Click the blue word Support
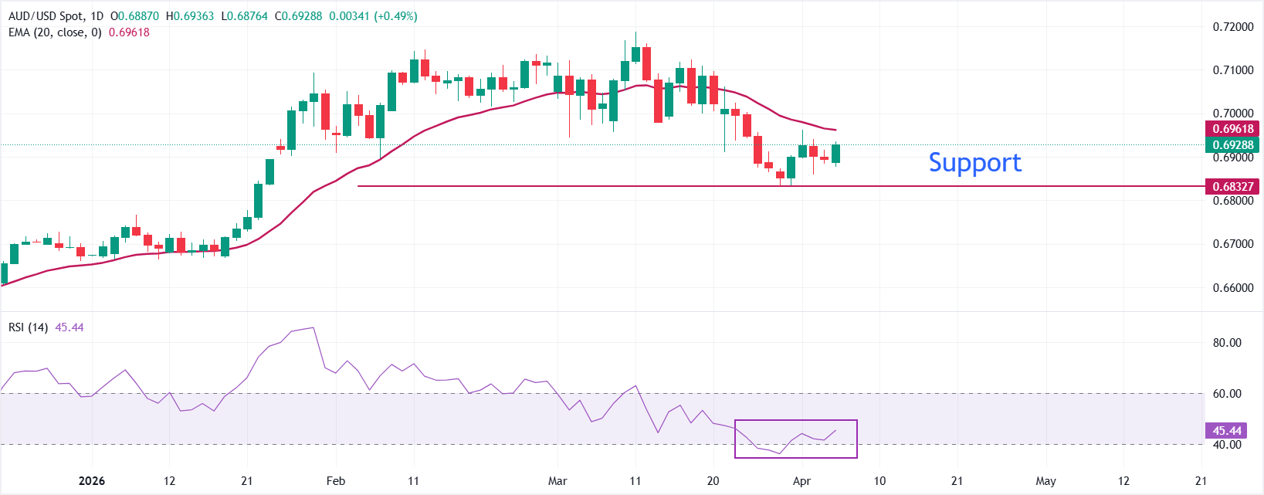974,163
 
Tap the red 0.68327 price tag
1232,186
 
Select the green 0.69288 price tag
1232,144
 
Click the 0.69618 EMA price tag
1232,129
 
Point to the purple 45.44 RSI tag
1227,431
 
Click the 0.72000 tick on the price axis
1233,27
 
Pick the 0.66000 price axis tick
1233,288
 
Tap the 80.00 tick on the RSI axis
1227,343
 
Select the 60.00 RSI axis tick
1227,394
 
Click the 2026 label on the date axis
92,481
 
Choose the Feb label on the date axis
336,481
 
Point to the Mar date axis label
557,481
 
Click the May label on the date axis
1045,481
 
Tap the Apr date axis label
802,481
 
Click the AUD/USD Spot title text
46,16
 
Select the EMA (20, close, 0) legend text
55,32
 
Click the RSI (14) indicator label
28,327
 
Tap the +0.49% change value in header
395,16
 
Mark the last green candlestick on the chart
835,154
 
